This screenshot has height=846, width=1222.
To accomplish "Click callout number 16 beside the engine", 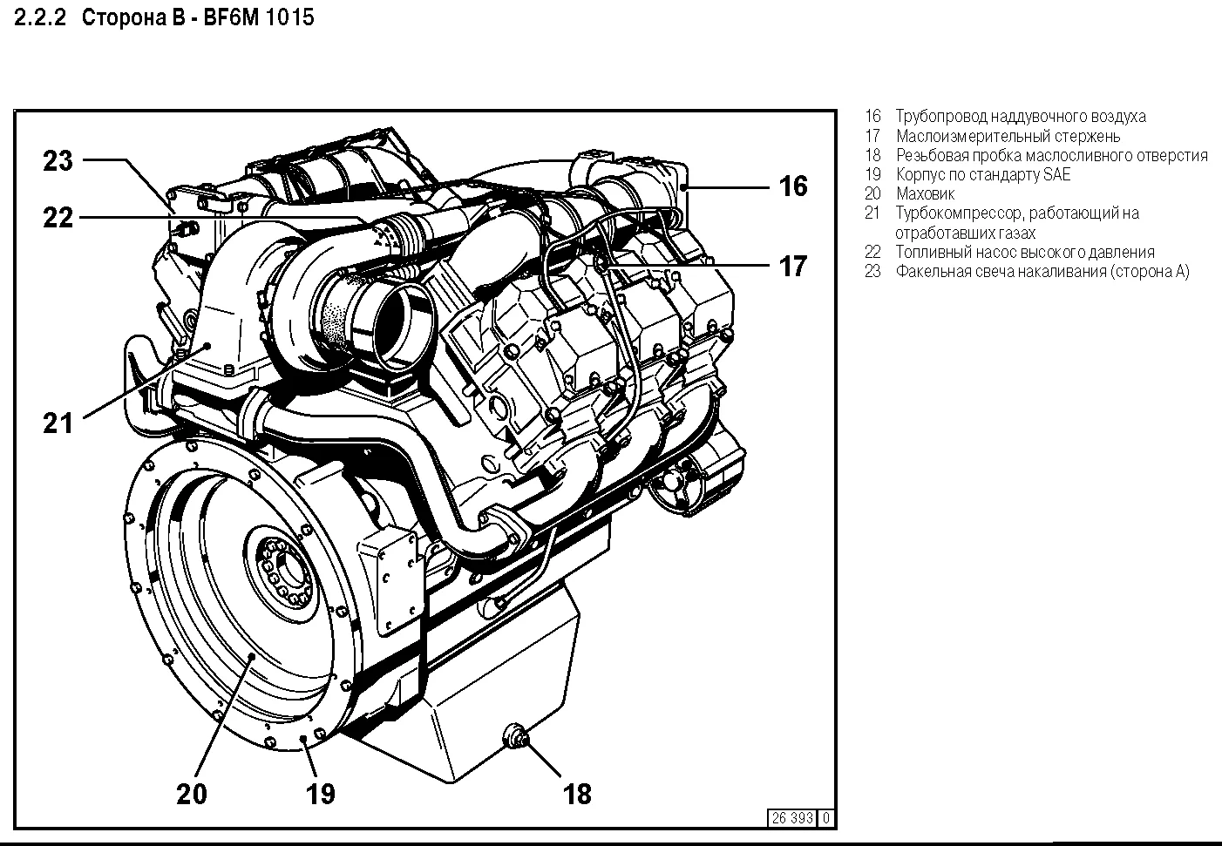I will click(792, 186).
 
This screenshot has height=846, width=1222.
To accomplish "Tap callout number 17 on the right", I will click(792, 265).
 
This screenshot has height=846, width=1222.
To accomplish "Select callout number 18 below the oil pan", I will click(577, 794).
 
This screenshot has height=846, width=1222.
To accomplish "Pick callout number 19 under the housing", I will click(321, 794).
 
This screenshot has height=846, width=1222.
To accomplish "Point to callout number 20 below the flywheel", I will click(192, 794).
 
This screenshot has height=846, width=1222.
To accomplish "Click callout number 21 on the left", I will click(58, 423).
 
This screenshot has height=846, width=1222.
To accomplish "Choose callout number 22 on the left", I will click(58, 217).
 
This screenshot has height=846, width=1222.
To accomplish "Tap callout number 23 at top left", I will click(58, 161).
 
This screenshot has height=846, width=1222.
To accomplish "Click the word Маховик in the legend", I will click(925, 194).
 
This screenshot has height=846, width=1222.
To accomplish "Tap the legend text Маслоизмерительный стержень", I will click(1008, 136).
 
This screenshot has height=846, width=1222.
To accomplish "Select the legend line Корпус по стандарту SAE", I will click(982, 174).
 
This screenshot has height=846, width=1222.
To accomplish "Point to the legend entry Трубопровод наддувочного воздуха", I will click(1020, 117).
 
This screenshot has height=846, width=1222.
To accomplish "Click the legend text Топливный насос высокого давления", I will click(1024, 252).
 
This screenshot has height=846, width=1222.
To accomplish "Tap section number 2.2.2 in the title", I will click(41, 17).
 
